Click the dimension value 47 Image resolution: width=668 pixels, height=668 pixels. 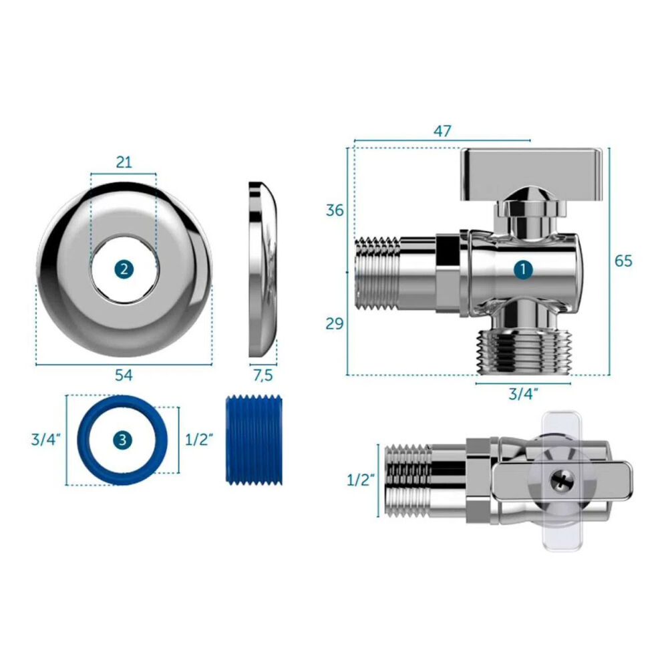442,131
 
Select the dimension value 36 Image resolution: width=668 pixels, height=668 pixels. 335,210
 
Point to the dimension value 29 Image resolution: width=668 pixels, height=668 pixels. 335,324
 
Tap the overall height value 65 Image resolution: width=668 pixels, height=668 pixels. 623,261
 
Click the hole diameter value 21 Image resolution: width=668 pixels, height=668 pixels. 124,162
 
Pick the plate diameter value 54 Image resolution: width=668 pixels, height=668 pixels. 124,375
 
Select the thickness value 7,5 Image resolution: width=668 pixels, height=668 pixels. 263,375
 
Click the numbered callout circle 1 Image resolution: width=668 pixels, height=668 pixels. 523,270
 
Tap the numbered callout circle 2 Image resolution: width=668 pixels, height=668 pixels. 124,269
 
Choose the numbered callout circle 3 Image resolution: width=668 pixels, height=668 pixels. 122,440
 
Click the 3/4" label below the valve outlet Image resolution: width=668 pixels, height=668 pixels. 524,394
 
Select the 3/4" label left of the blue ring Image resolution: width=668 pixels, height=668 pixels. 46,440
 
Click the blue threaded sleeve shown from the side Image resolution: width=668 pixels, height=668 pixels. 255,440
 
